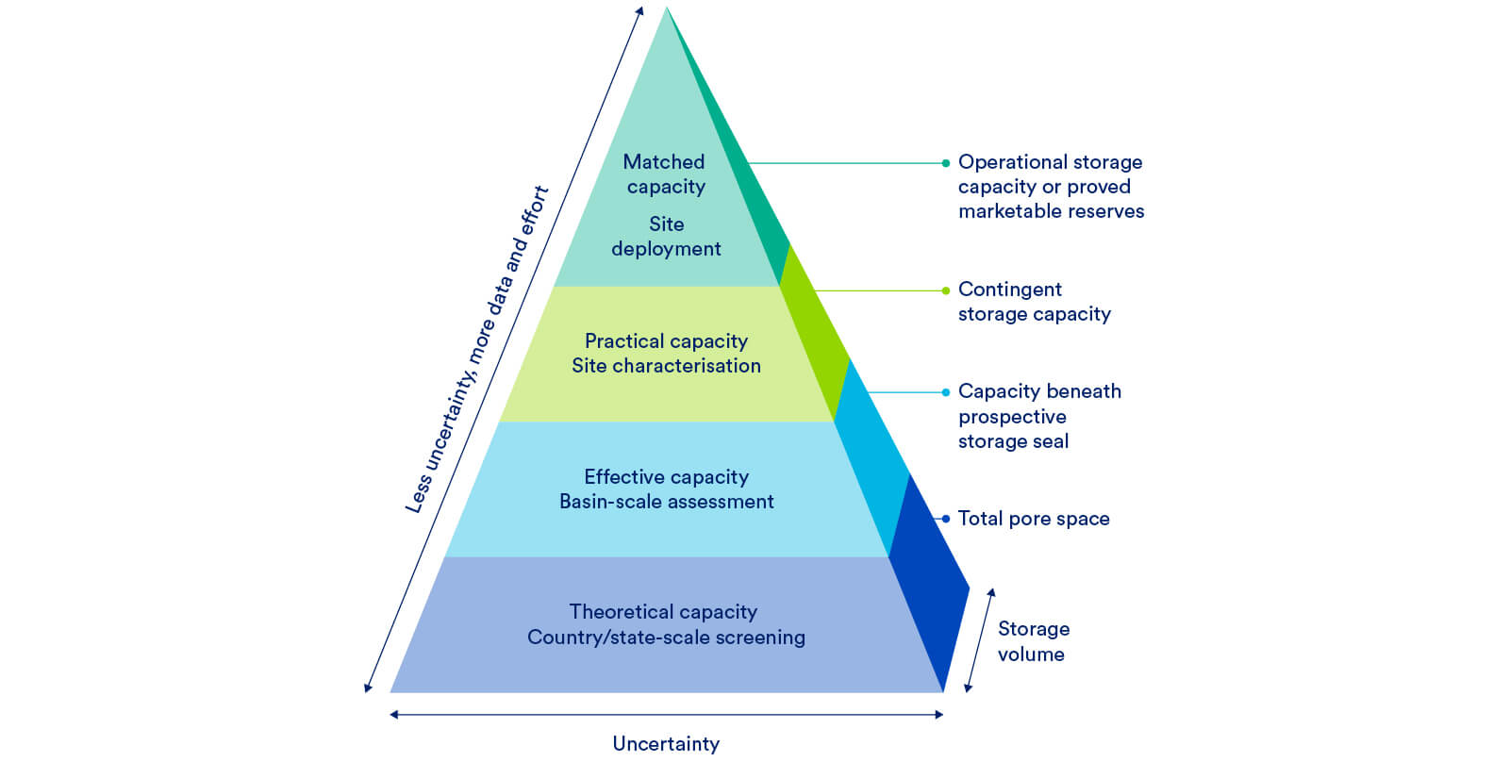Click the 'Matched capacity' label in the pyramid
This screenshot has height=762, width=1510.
coord(665,174)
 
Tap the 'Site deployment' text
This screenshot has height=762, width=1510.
coord(666,237)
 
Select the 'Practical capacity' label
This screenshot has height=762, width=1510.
coord(666,340)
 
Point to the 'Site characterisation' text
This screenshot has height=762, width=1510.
coord(666,366)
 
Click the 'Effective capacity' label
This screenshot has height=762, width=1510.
coord(666,477)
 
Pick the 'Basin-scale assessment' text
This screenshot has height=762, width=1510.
coord(666,502)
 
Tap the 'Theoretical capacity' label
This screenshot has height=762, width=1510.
coord(663,612)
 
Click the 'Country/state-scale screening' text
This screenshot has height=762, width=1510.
coord(666,638)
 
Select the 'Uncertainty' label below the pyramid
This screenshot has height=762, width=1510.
coord(666,744)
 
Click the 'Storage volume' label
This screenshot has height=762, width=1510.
coord(1033,641)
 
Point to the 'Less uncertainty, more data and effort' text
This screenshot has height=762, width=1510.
coord(476,350)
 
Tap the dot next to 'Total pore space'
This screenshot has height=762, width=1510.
coord(946,519)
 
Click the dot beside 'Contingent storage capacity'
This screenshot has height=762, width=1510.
coord(946,290)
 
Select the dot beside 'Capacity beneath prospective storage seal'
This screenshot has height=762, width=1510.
coord(946,392)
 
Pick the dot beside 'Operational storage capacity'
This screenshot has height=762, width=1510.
coord(946,163)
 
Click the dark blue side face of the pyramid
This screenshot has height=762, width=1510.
coord(929,585)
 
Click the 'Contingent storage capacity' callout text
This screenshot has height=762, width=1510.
coord(1034,302)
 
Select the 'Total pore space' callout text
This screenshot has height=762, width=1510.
coord(1034,519)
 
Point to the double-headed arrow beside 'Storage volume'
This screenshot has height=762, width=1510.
coord(979,640)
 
